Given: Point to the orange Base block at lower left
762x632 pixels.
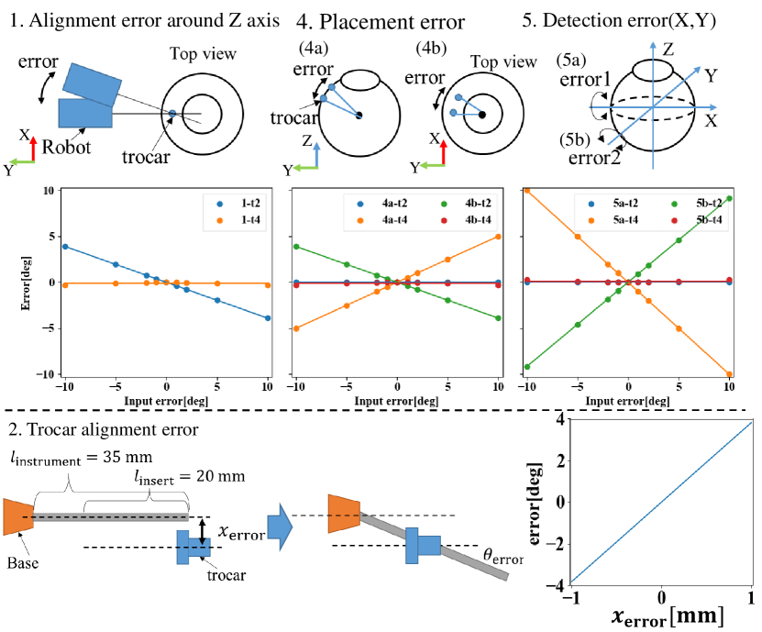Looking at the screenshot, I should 18,517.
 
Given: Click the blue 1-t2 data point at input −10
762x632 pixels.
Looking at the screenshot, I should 65,247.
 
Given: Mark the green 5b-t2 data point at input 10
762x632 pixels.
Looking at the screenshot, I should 729,198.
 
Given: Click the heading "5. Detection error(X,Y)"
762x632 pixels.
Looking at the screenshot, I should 641,19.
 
